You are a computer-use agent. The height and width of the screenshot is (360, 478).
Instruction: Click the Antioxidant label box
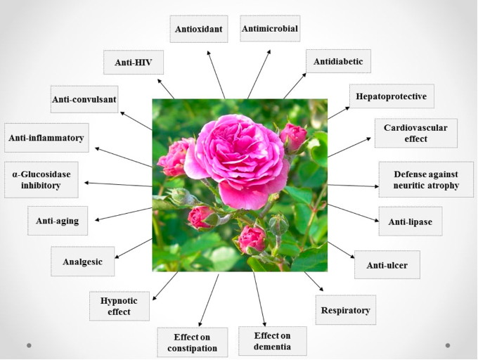pos(199,29)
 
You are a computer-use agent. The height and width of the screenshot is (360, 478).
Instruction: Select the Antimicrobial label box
pos(270,29)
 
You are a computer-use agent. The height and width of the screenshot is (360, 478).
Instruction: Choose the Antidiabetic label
pos(338,62)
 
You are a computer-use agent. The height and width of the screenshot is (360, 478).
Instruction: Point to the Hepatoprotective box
pos(391,96)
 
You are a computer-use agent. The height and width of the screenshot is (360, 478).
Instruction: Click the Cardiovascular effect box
pos(415,133)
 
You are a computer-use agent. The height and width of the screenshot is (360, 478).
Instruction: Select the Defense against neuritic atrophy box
pos(426,179)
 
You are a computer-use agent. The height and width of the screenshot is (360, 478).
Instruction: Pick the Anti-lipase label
pos(410,221)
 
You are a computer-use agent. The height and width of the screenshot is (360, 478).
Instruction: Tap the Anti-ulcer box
pos(387,265)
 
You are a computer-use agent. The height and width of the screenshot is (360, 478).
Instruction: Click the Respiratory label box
pos(345,309)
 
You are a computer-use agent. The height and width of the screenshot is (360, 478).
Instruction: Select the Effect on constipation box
pos(193,342)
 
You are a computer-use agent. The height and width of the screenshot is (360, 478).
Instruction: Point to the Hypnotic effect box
pos(119,306)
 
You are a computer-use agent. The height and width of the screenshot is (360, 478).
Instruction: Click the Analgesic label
pos(82,262)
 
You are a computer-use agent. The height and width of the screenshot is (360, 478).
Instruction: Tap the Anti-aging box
pos(58,221)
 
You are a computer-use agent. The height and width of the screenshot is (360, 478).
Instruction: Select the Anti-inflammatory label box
pos(46,138)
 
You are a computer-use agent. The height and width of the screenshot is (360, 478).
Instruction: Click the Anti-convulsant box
pos(84,99)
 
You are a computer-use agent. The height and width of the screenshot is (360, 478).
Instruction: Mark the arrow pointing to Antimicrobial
pos(259,73)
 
